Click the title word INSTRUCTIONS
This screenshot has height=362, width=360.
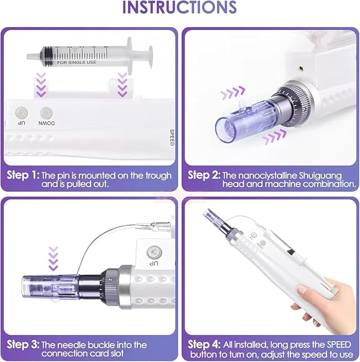180,8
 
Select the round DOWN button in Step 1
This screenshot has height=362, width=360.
47,113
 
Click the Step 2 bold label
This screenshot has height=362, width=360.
204,175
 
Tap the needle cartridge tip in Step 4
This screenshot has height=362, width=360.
209,214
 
